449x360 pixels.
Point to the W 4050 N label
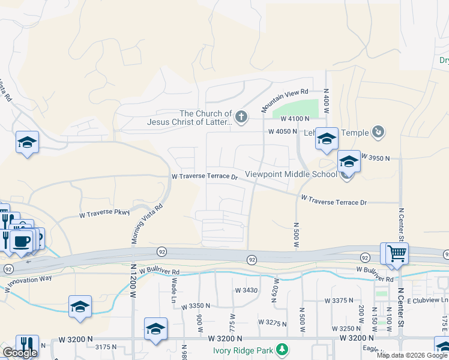click(x=282, y=131)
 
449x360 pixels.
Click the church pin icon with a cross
click(x=241, y=116)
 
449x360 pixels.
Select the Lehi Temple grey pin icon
click(x=378, y=131)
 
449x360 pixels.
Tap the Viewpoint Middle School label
click(x=291, y=175)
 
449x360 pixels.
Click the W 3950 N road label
click(x=375, y=158)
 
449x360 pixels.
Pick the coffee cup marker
click(x=21, y=241)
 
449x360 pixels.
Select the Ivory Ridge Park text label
click(x=243, y=349)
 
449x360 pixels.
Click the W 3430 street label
click(x=246, y=290)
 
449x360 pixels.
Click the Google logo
click(x=20, y=353)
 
